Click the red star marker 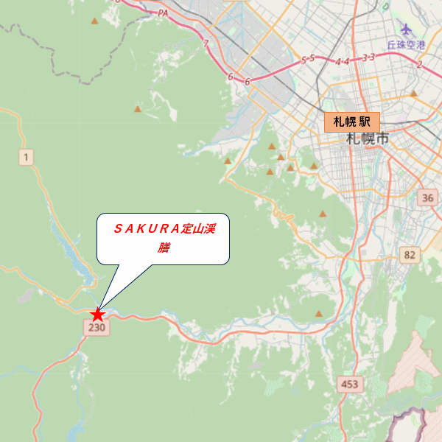[x=98, y=315]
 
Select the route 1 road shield [x=27, y=156]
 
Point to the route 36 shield [x=428, y=198]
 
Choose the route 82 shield [x=410, y=255]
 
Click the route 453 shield [x=349, y=384]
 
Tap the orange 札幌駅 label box [x=352, y=122]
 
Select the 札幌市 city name [x=366, y=139]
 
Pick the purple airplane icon [x=406, y=29]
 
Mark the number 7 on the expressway [x=207, y=43]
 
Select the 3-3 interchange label [x=369, y=57]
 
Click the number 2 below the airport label [x=419, y=65]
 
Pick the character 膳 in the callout [x=164, y=248]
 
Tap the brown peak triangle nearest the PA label [x=94, y=21]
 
